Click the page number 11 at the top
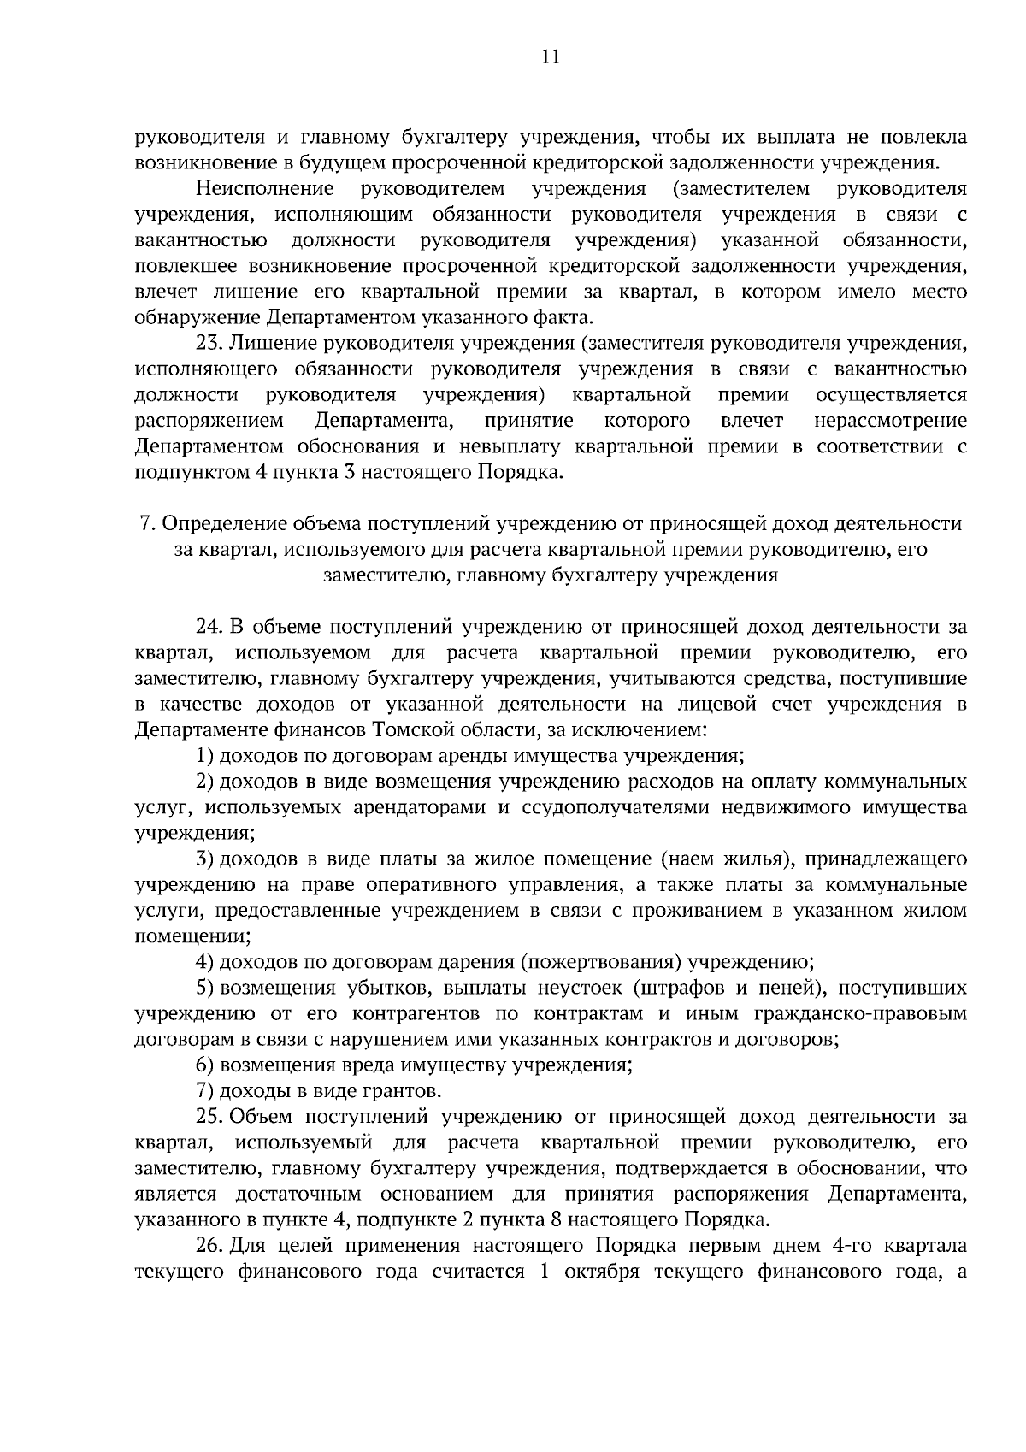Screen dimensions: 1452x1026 click(550, 58)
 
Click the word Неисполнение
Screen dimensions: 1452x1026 click(263, 188)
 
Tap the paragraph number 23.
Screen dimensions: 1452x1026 click(210, 344)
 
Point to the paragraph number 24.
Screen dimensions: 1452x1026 click(210, 627)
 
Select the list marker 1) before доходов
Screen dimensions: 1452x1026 click(204, 756)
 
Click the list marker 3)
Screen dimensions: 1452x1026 click(204, 859)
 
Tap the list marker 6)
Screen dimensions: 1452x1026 click(204, 1065)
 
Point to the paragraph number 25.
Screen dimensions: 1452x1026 click(210, 1117)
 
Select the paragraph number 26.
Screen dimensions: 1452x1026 click(210, 1246)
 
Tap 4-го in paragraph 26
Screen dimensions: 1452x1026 click(850, 1246)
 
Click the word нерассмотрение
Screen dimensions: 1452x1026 click(890, 421)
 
